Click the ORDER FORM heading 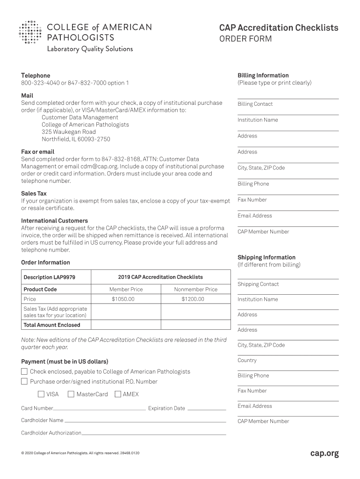click(245, 39)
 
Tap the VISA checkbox click(41, 394)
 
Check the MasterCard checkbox click(71, 394)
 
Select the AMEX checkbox click(118, 394)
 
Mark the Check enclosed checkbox click(24, 371)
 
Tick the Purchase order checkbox click(24, 381)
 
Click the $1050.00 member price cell click(123, 299)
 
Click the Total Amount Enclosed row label click(52, 325)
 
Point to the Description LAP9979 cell click(49, 277)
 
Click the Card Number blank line click(99, 409)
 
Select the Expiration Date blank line click(206, 409)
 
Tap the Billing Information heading click(263, 75)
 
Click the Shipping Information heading click(266, 257)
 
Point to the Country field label click(247, 360)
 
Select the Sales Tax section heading click(34, 193)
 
